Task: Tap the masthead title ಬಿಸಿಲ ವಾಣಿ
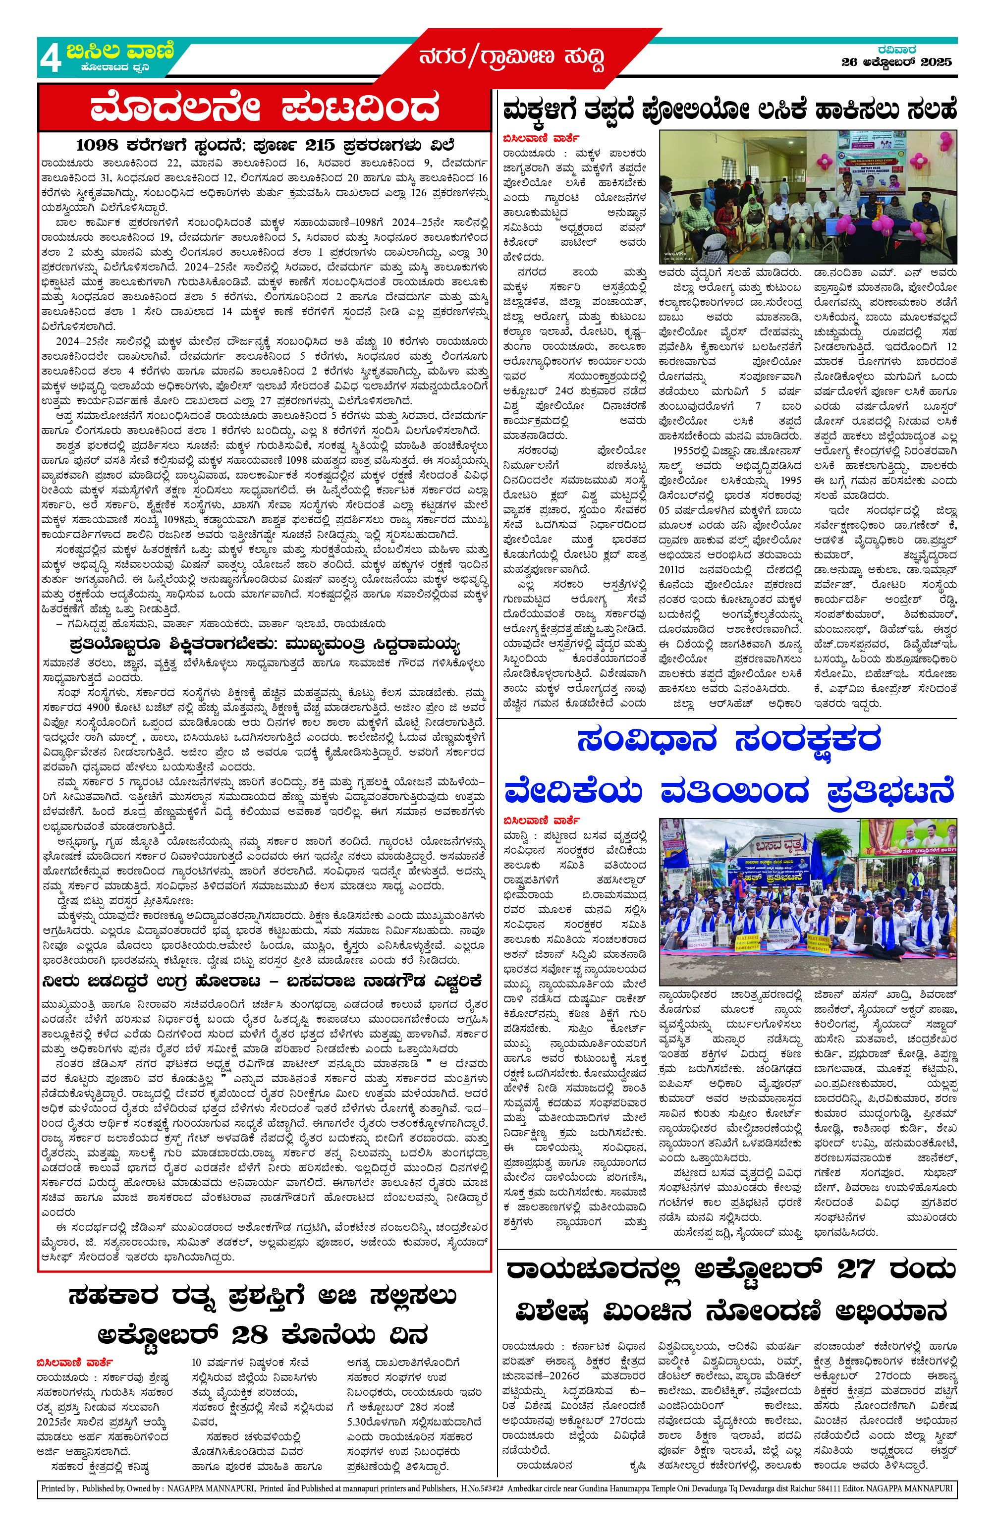click(x=120, y=51)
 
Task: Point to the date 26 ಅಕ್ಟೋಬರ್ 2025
click(x=896, y=62)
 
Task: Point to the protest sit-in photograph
click(x=807, y=902)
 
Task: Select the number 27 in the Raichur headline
click(x=857, y=1269)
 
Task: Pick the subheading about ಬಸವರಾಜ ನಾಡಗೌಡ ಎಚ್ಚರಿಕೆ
click(x=261, y=982)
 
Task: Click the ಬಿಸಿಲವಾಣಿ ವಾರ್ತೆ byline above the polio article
click(x=541, y=138)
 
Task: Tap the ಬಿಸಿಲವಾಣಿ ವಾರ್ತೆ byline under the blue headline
click(x=541, y=821)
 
